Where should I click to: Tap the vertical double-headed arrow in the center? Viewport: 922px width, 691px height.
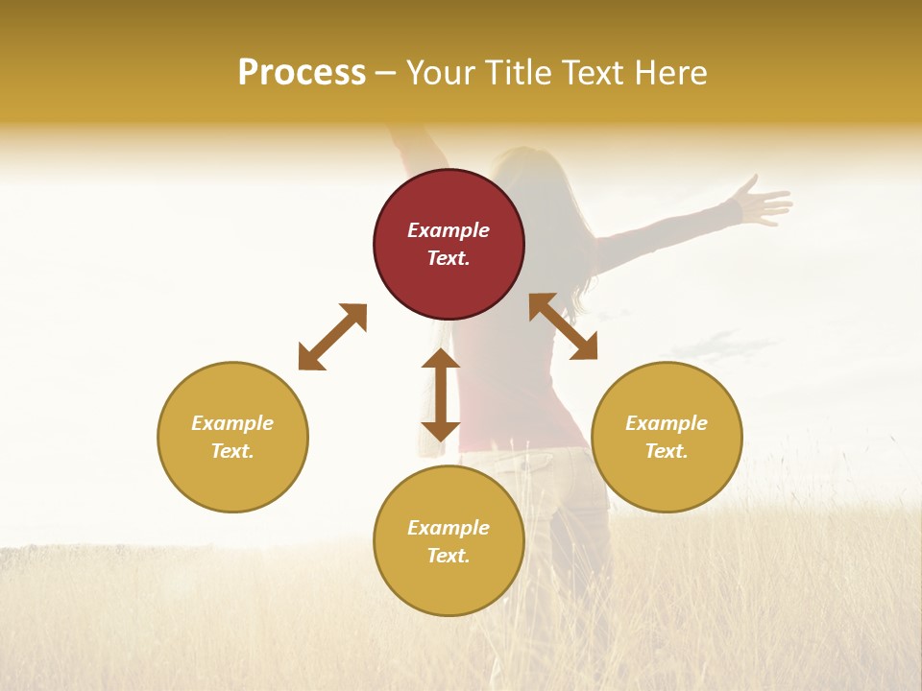click(441, 394)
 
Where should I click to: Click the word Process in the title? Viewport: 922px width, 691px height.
click(302, 72)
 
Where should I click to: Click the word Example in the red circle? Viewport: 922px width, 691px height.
click(449, 230)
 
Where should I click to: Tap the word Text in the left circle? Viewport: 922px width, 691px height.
click(232, 451)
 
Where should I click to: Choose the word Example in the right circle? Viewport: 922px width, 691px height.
click(667, 423)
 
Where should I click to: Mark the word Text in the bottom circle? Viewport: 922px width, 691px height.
click(449, 556)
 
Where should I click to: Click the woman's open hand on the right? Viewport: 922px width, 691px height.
click(761, 203)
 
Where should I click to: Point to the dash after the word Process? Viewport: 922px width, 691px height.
click(386, 73)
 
